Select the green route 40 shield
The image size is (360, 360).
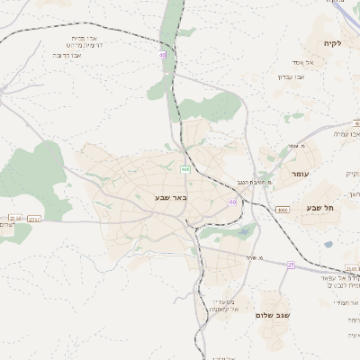[163, 55]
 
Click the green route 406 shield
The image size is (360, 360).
[184, 169]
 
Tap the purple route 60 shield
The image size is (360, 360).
[232, 202]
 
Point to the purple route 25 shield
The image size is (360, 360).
[291, 265]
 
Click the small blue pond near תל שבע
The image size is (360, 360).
[328, 244]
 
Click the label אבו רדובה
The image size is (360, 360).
[67, 56]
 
